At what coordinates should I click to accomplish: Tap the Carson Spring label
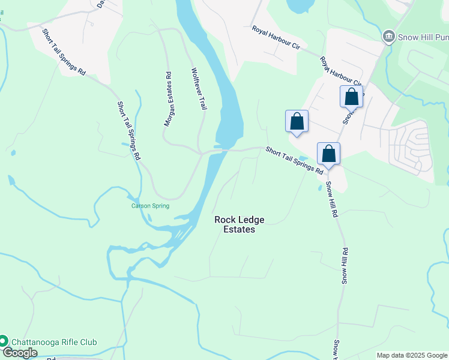(151, 206)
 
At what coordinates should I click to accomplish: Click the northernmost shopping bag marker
(351, 97)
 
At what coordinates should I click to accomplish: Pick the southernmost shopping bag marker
(328, 154)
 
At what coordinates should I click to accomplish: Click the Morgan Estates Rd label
(169, 99)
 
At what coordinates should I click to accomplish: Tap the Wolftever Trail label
(199, 88)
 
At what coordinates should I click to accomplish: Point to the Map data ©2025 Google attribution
(412, 355)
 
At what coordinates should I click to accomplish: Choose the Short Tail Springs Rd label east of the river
(295, 160)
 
